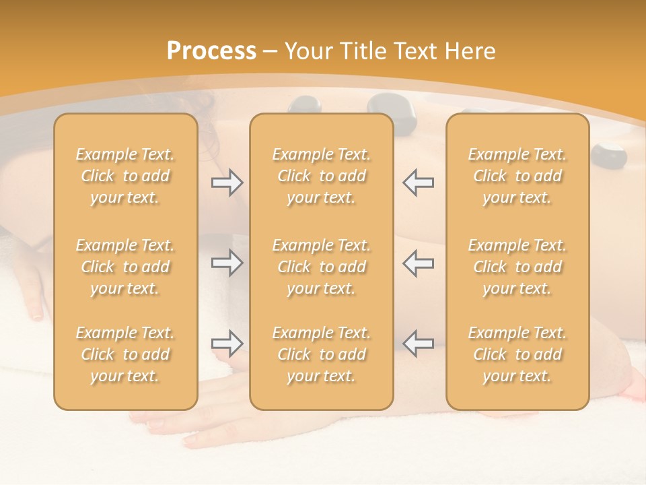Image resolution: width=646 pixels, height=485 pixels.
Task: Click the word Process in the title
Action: (211, 51)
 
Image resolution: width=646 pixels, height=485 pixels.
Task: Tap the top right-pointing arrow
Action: (227, 183)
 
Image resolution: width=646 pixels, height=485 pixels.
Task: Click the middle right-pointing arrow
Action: (227, 263)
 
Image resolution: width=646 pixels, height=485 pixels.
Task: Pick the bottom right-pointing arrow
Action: (227, 344)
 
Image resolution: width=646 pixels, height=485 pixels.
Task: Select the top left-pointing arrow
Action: (419, 183)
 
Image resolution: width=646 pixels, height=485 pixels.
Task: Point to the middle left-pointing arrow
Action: (419, 263)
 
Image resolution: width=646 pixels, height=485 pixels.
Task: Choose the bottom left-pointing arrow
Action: (419, 344)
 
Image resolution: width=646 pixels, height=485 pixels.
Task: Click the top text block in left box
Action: (125, 176)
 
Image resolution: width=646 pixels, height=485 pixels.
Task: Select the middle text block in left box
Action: (125, 267)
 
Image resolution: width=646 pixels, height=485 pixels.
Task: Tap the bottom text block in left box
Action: (125, 354)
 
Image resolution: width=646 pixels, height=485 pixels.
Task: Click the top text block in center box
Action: (322, 176)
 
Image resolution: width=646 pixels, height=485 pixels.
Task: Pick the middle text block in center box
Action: (322, 267)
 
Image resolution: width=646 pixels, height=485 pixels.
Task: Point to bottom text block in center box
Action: (322, 354)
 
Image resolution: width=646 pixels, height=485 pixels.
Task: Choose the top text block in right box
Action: (517, 176)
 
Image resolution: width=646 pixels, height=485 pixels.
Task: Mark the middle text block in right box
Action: (517, 267)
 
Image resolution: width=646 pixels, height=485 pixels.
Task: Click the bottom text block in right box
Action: (517, 354)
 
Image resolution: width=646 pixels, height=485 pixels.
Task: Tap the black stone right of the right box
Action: (610, 155)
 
